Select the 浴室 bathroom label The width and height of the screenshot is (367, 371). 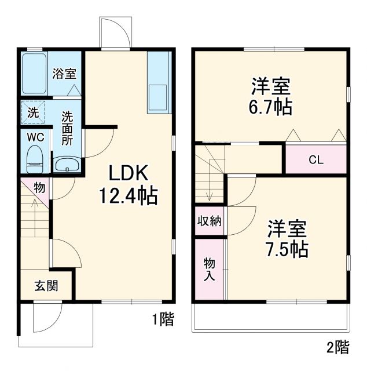(x=64, y=74)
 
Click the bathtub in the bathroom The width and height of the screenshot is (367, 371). (x=34, y=74)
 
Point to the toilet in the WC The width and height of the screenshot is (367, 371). (x=36, y=158)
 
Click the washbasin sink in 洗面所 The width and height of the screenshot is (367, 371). (x=67, y=165)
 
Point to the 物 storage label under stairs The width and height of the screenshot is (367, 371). (x=40, y=187)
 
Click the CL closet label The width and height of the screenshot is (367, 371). (x=315, y=159)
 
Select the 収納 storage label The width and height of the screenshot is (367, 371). (x=210, y=221)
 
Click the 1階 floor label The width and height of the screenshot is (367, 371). (x=163, y=319)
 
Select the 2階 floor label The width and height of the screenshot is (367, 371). (x=338, y=347)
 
